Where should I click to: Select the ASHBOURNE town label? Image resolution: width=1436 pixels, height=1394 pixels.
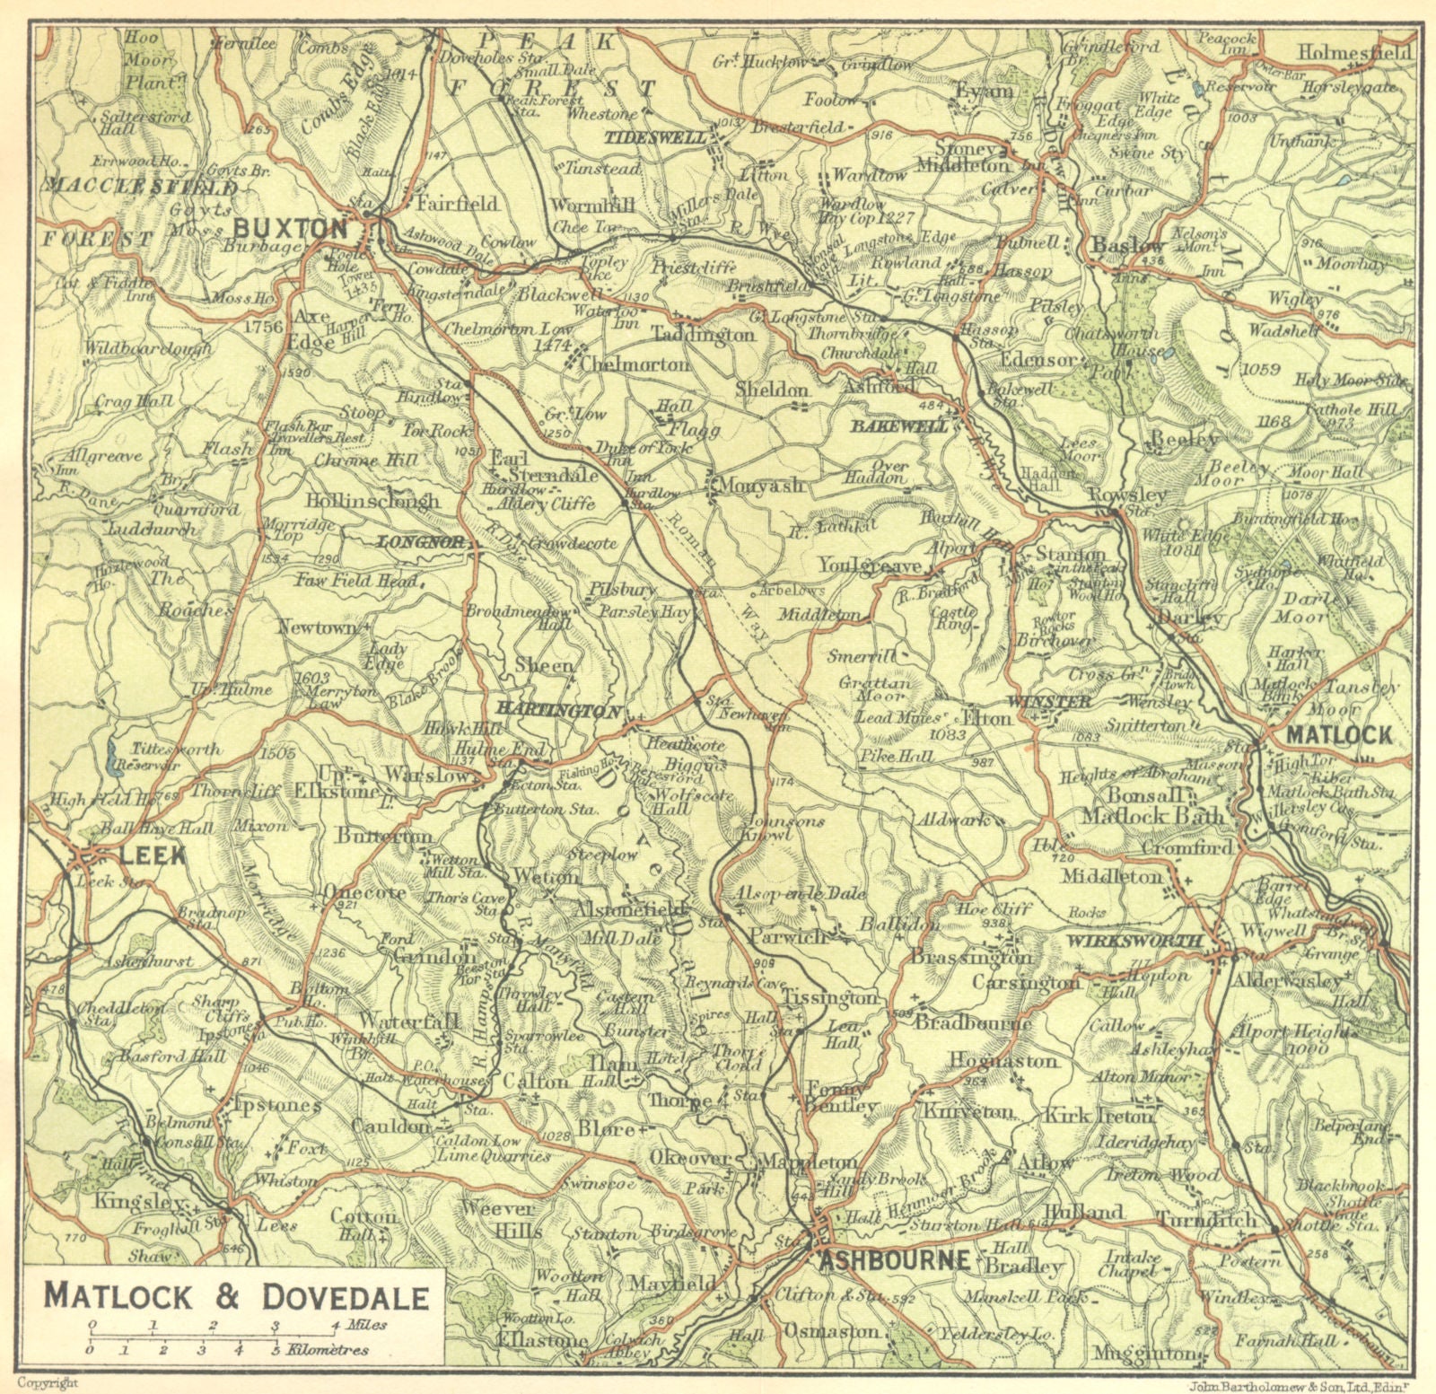click(894, 1259)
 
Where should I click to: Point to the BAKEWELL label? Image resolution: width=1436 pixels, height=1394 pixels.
click(899, 427)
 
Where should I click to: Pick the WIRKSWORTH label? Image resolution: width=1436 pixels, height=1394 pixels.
click(1135, 940)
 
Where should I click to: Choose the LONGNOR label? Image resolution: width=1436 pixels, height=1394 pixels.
click(420, 541)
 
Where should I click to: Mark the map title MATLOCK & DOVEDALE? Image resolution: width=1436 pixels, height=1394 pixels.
click(236, 1296)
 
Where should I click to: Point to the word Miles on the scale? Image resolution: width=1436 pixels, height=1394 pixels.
click(369, 1325)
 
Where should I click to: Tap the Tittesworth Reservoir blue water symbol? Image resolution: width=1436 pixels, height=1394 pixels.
click(110, 759)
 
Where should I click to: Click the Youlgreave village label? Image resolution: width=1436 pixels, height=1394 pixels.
click(869, 566)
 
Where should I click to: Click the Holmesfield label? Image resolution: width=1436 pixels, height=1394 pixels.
click(1354, 52)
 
